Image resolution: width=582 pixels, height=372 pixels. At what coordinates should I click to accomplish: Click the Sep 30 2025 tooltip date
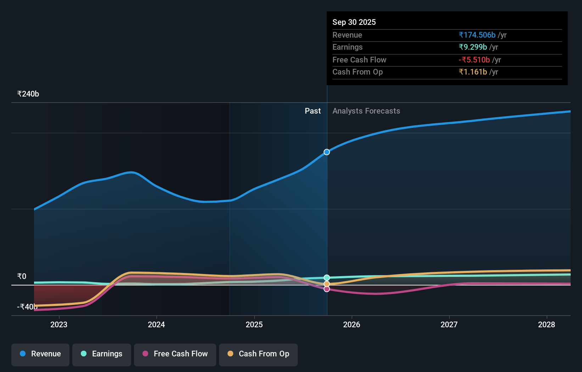[354, 22]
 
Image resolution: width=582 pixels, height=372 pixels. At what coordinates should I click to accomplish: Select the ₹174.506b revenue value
[477, 35]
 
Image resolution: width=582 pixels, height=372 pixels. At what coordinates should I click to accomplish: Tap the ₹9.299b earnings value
[472, 47]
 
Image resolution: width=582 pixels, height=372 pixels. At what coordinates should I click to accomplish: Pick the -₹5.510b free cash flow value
[474, 60]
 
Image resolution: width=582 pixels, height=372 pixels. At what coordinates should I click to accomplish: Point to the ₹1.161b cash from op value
[472, 72]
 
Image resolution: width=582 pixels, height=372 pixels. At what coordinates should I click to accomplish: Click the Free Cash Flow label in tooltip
[359, 60]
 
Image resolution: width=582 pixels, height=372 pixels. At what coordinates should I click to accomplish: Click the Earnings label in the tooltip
[347, 47]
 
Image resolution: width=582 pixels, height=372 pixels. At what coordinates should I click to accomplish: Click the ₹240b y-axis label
[28, 94]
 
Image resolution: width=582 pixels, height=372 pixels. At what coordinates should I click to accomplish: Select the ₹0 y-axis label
[22, 276]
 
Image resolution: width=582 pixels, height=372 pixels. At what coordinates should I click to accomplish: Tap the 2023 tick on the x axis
[59, 324]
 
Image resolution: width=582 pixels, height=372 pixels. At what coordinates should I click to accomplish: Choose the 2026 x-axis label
[352, 324]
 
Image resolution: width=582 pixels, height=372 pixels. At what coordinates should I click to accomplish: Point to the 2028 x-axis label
[547, 324]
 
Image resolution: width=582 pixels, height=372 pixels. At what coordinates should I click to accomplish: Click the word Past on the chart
[313, 111]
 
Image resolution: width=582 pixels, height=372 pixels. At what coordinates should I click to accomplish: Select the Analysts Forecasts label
[366, 111]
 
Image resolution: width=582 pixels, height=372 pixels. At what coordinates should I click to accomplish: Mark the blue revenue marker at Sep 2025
[327, 152]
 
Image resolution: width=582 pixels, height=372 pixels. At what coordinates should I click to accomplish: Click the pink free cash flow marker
[327, 289]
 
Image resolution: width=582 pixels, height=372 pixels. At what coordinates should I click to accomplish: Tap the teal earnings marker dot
[327, 278]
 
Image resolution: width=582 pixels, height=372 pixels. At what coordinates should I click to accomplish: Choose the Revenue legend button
[40, 354]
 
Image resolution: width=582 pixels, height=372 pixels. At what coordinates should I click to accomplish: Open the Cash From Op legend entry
[258, 354]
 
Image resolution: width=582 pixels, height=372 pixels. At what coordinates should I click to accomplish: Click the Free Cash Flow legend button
[175, 354]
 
